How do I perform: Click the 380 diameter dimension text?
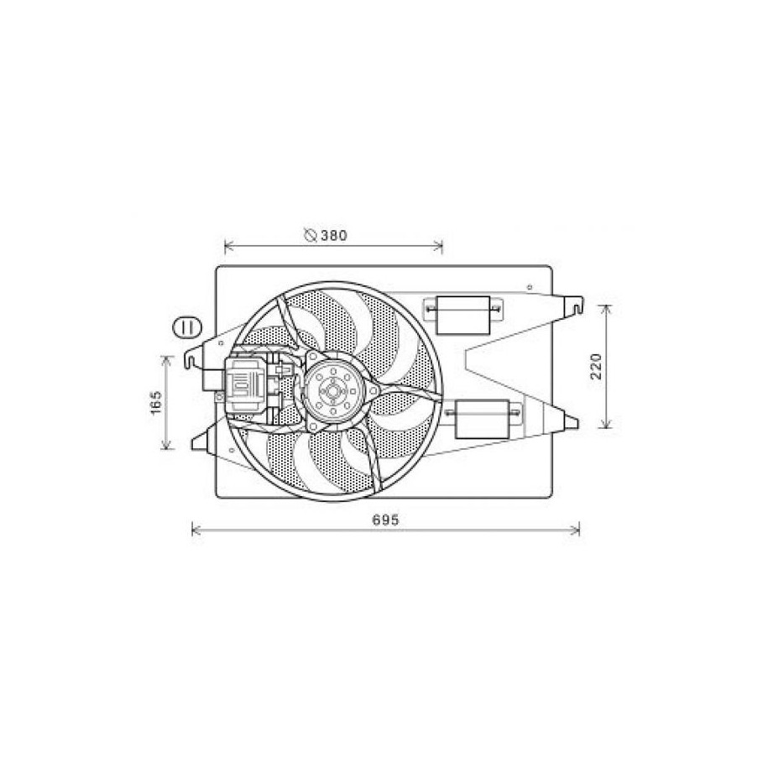[x=334, y=236]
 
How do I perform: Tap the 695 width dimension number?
[x=386, y=520]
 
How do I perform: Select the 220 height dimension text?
[x=596, y=366]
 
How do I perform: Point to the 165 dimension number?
[x=156, y=402]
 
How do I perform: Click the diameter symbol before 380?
[x=310, y=235]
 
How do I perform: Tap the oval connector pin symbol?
[x=187, y=327]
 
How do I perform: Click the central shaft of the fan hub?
[x=332, y=391]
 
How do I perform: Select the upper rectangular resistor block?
[x=462, y=315]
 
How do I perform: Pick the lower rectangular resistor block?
[x=483, y=419]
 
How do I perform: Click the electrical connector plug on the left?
[x=245, y=385]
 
